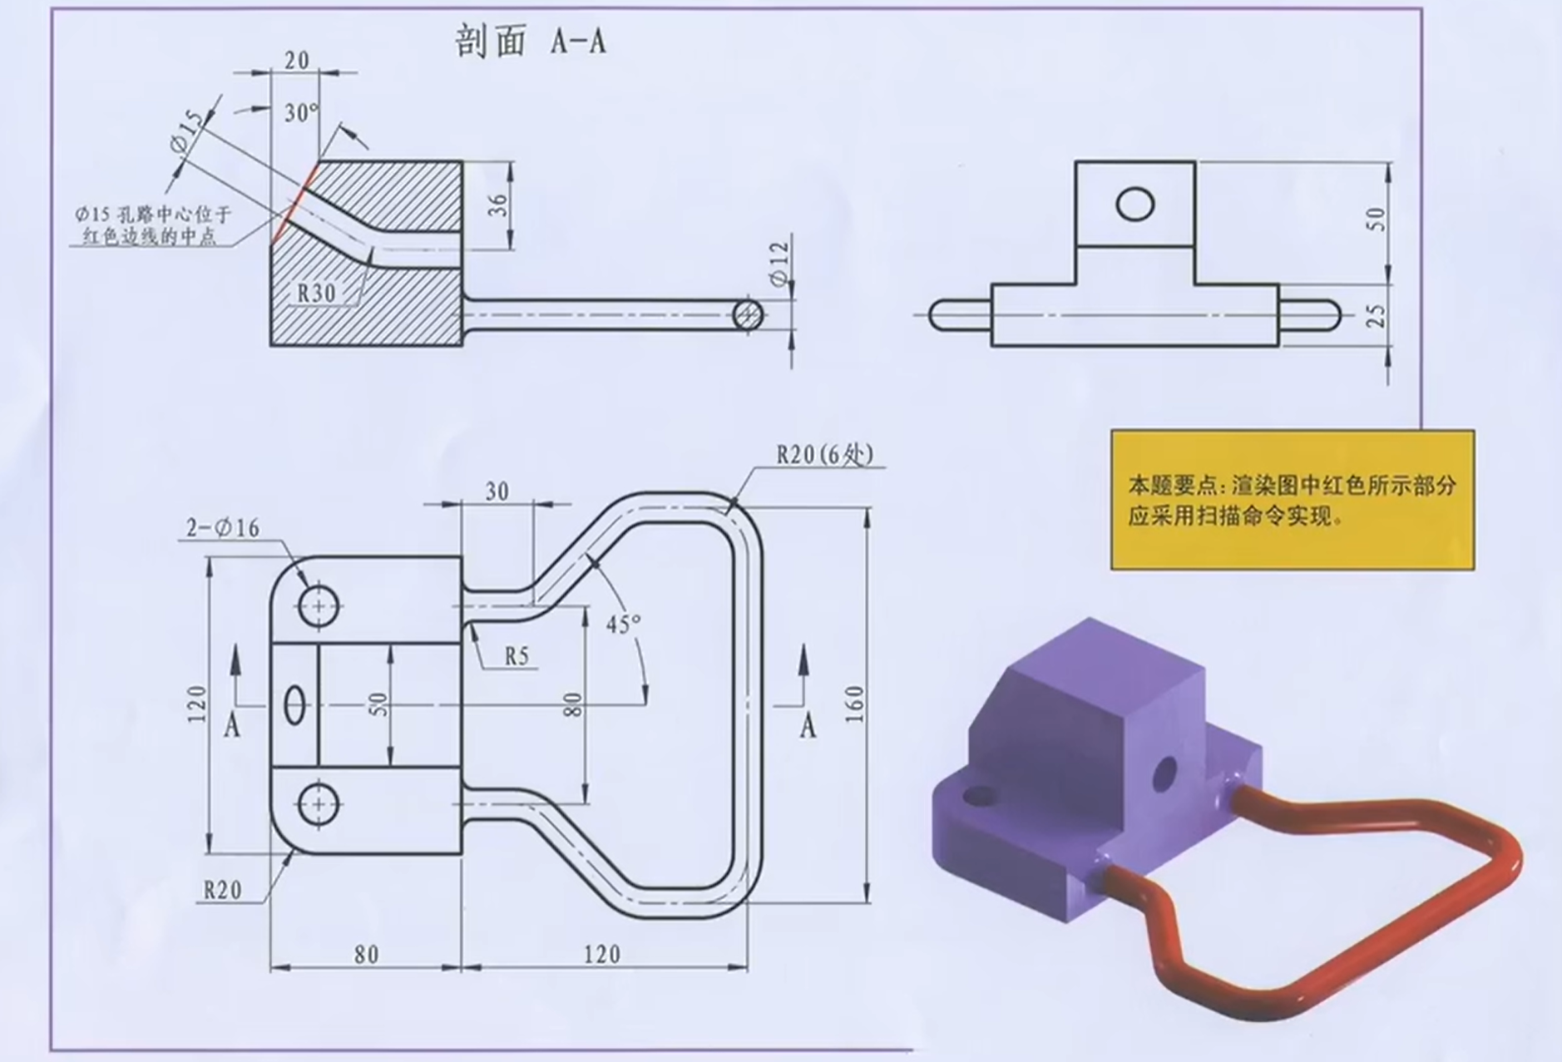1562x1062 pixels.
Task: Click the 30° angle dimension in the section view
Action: [x=301, y=113]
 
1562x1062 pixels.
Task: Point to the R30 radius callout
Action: [x=316, y=293]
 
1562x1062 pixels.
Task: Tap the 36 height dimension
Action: [x=497, y=205]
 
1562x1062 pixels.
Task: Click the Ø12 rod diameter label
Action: [x=779, y=264]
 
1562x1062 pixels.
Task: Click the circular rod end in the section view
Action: [x=748, y=314]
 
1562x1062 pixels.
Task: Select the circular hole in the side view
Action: [x=1134, y=204]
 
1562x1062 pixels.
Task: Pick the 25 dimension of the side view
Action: [x=1377, y=315]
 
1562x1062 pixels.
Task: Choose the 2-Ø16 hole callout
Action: [x=222, y=528]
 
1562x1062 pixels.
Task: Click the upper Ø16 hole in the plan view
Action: [x=319, y=605]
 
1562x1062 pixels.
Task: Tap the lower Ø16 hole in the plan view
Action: [x=319, y=804]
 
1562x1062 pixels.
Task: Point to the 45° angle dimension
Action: [x=623, y=624]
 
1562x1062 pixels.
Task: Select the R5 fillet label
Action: [x=517, y=656]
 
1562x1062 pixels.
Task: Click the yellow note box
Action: [x=1292, y=500]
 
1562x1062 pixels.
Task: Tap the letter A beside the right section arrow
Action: [x=808, y=728]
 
